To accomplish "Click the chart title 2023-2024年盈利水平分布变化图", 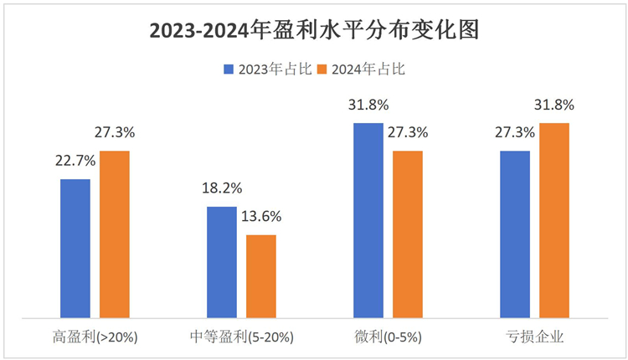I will [x=314, y=31].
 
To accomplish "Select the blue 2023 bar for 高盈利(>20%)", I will [x=75, y=248].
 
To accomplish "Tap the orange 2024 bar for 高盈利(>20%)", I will [x=115, y=234].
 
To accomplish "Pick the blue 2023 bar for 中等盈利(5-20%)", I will [x=222, y=262].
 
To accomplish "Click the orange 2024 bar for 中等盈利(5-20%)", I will [x=261, y=276].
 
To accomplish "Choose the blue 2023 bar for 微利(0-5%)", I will [x=368, y=220].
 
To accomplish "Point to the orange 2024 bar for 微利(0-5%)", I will [x=408, y=234].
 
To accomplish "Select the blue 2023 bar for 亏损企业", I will [x=515, y=234].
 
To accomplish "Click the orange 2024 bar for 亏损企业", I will [x=554, y=220].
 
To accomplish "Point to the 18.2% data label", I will [x=221, y=188].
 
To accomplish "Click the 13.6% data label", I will [x=260, y=216].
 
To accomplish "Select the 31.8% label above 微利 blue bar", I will [x=368, y=105].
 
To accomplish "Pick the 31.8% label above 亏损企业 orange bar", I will [x=553, y=105].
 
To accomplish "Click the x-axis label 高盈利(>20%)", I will [x=95, y=337].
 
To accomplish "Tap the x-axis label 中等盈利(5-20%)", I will [x=242, y=337].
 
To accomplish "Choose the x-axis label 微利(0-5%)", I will [x=389, y=337].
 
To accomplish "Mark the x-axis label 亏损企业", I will [x=534, y=337].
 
